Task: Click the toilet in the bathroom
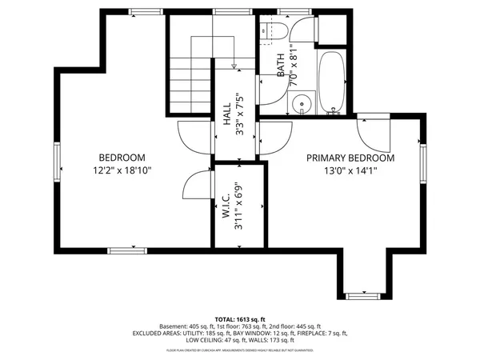(x=274, y=32)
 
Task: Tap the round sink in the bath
(x=300, y=102)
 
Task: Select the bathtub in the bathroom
(x=330, y=83)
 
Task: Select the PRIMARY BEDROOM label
(x=351, y=158)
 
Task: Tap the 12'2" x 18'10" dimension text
(x=122, y=170)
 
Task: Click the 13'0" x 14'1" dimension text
(x=351, y=170)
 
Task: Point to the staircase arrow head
(x=232, y=66)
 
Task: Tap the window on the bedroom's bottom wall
(x=128, y=250)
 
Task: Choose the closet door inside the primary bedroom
(x=370, y=128)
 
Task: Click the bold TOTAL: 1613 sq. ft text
(x=240, y=318)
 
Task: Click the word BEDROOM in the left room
(x=122, y=158)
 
